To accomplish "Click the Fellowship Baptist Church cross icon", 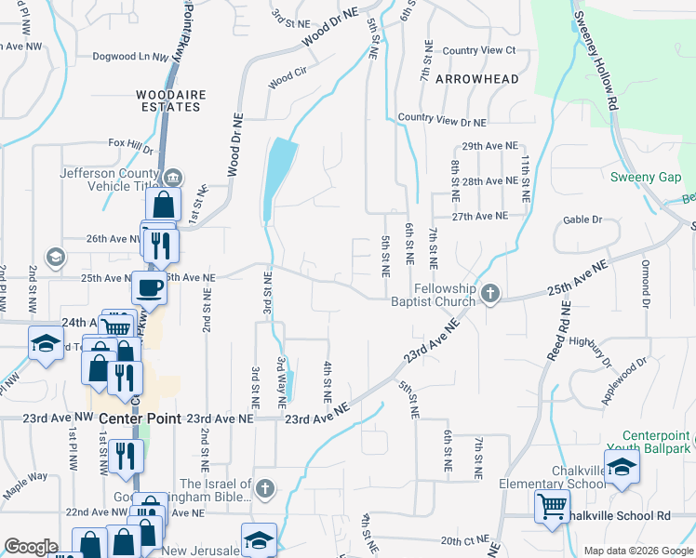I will (491, 295).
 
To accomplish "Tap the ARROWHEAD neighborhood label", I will (476, 79).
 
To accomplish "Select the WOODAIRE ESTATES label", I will (167, 100).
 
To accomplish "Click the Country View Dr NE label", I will (442, 122).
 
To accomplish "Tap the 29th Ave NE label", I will (489, 146).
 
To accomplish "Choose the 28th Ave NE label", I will (489, 181).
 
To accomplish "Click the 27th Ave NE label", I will (480, 216).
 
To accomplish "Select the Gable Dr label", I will (582, 220).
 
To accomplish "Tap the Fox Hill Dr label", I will (130, 144).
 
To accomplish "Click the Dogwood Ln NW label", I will (130, 57).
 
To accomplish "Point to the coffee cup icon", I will (149, 286).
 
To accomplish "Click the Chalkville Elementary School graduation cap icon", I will (622, 466).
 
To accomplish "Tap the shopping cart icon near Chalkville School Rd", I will (553, 507).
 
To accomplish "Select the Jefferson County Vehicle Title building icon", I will (172, 178).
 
